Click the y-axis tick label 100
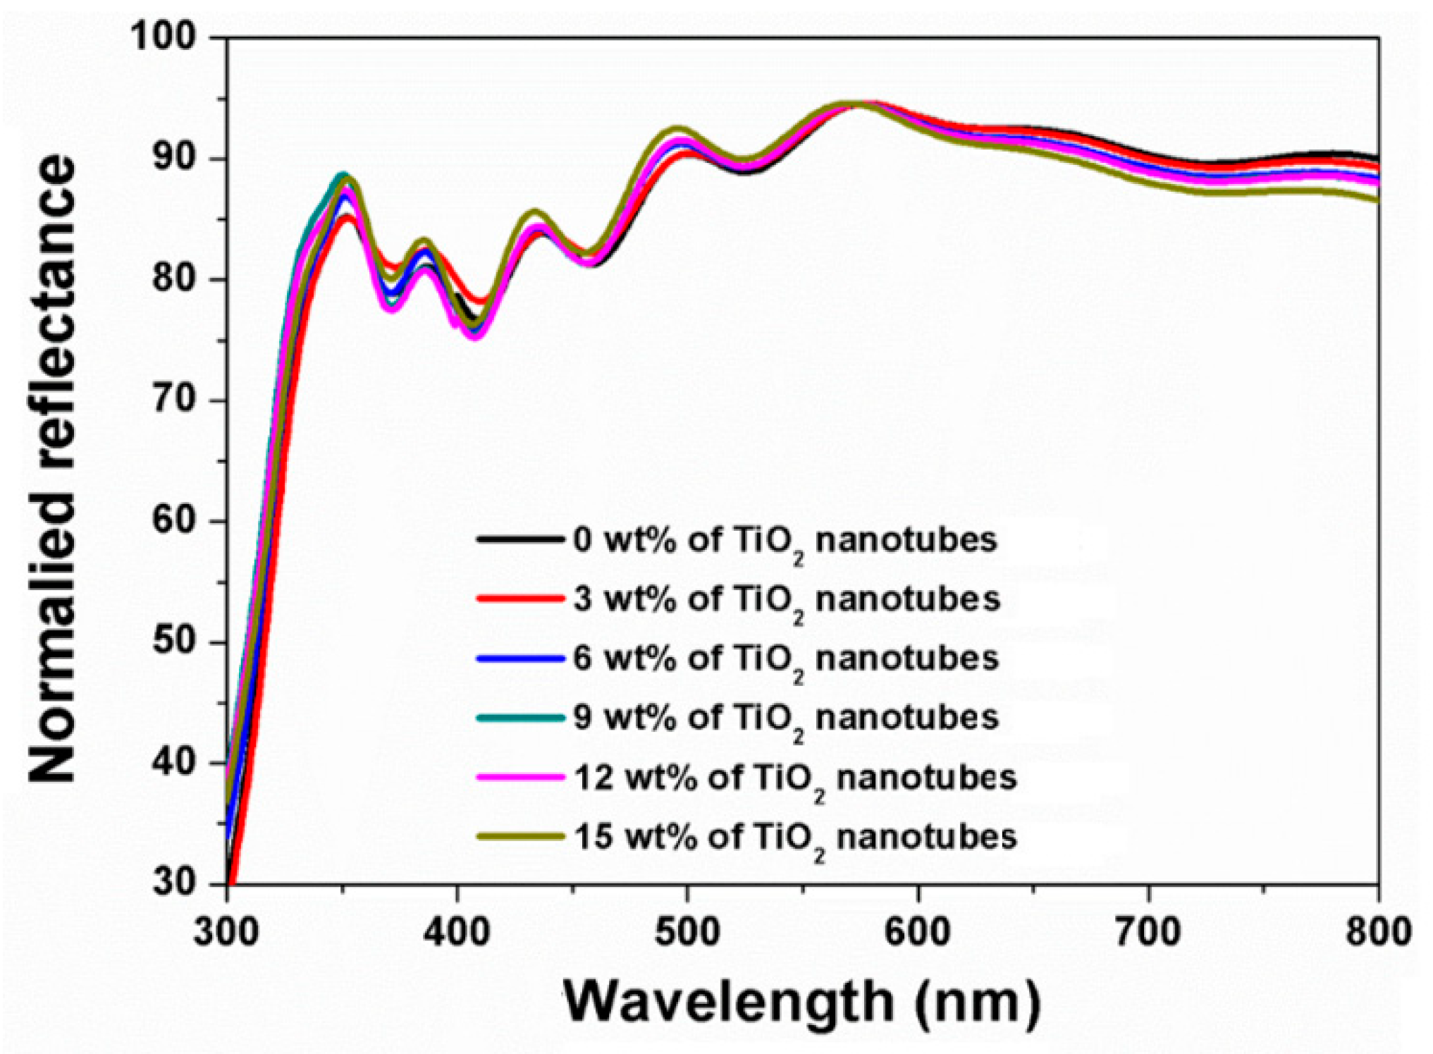click(164, 37)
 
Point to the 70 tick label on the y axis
click(173, 400)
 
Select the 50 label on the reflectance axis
click(173, 642)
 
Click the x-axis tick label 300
click(227, 932)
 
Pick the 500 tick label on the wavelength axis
click(687, 932)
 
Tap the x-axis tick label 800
click(1377, 932)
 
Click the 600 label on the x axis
click(918, 932)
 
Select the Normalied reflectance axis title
click(52, 469)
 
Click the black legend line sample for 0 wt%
click(520, 540)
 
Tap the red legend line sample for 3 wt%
click(520, 599)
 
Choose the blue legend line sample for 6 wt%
click(520, 658)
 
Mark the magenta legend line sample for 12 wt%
click(520, 777)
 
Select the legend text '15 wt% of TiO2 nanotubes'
click(795, 838)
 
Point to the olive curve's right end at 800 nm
click(1376, 200)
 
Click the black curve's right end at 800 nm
click(1376, 158)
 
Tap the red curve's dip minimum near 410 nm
click(480, 301)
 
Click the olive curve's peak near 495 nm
click(677, 130)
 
